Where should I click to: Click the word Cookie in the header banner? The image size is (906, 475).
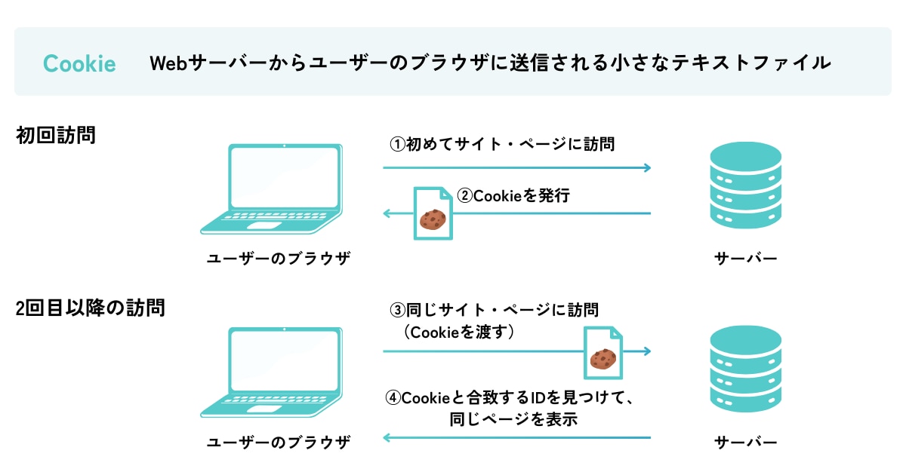click(79, 63)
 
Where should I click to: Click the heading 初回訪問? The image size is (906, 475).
click(56, 136)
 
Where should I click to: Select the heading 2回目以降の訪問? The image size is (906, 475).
click(90, 308)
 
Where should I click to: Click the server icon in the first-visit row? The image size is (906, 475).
click(745, 185)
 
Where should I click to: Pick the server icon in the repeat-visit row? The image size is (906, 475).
click(745, 369)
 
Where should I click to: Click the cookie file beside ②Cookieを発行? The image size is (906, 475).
click(433, 214)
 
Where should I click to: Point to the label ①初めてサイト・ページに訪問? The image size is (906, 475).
click(502, 143)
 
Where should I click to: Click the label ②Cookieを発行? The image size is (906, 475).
click(513, 196)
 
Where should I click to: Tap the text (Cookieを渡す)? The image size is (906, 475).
click(459, 331)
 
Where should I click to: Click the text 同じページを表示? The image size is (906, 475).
click(513, 419)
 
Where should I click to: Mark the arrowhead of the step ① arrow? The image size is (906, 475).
click(646, 167)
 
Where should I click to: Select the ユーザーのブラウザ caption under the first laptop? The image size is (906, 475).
click(279, 259)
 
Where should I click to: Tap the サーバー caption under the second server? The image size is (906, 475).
click(745, 441)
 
